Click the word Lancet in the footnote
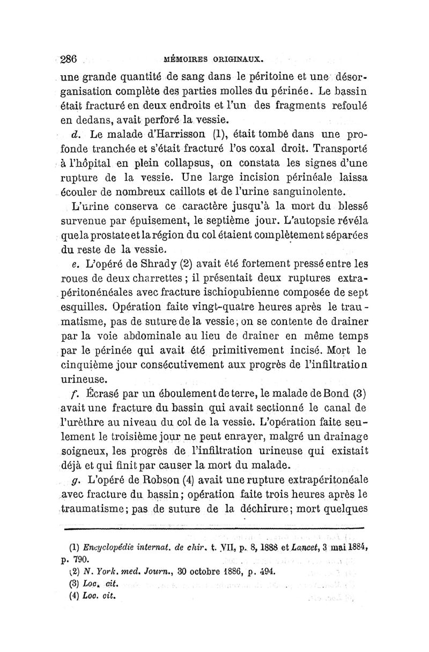(x=309, y=549)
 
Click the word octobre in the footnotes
(x=187, y=572)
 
